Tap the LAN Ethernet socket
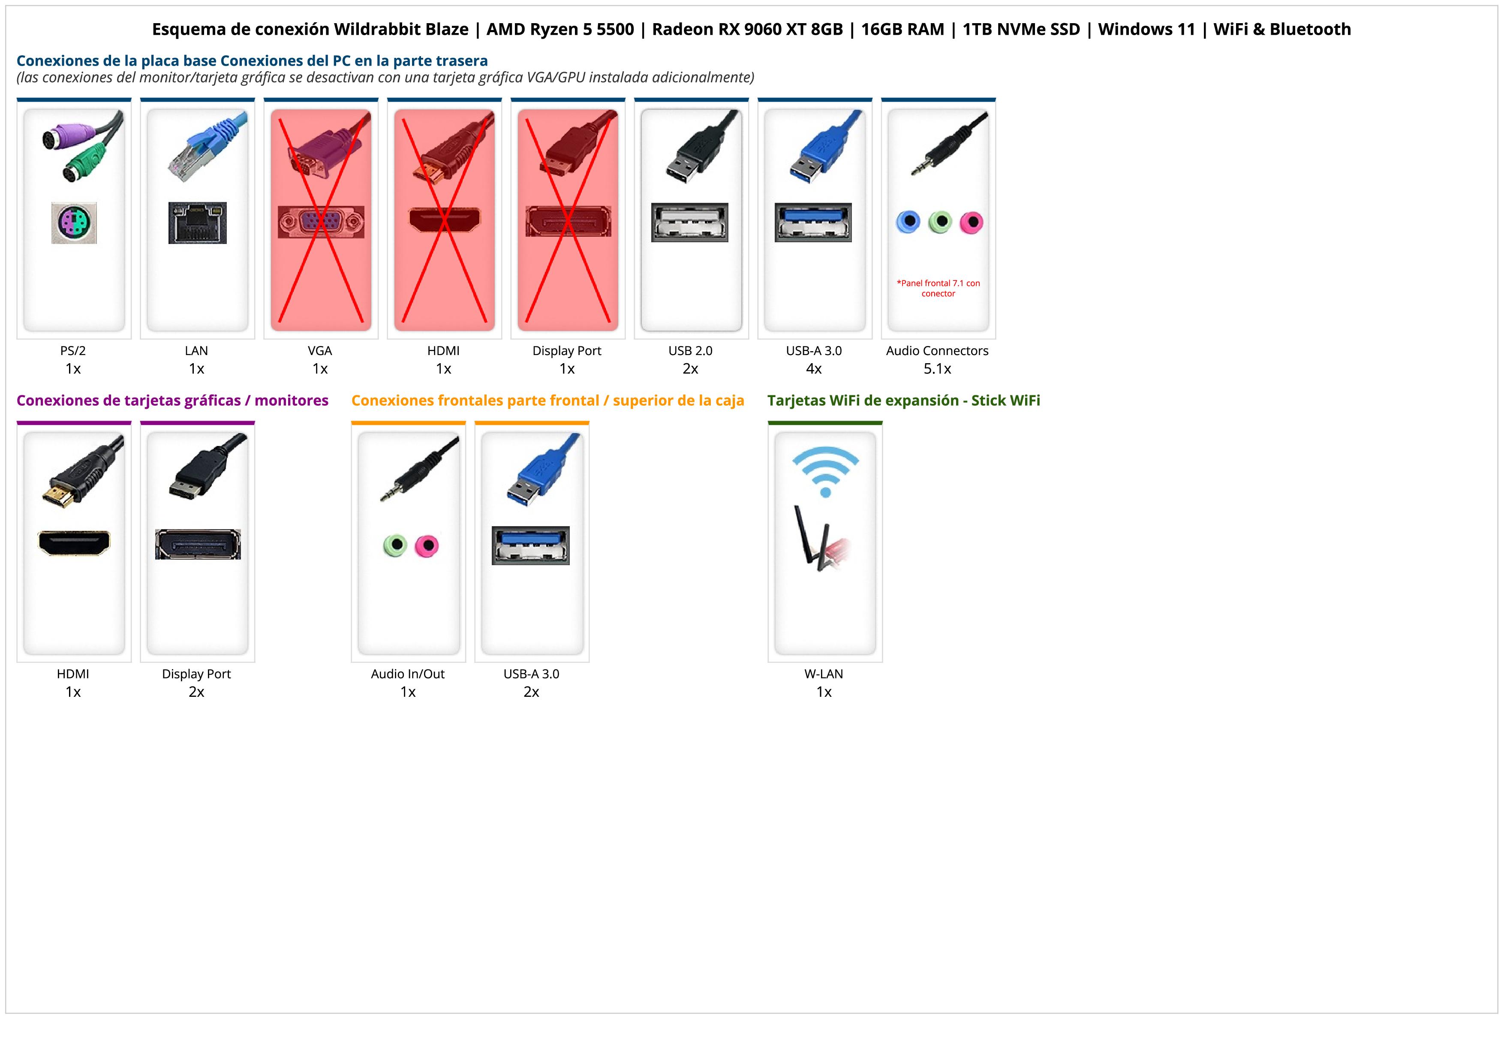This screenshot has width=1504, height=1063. coord(197,223)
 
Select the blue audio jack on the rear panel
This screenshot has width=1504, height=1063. coord(908,222)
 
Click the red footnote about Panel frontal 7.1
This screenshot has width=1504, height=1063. coord(938,288)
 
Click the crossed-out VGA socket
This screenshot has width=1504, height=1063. coord(320,222)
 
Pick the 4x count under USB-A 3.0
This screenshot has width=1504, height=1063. coord(814,369)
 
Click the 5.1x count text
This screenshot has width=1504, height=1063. coord(937,369)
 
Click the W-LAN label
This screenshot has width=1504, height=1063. coord(824,674)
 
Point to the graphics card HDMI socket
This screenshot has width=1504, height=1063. coord(74,543)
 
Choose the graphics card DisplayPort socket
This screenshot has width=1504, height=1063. coord(198,544)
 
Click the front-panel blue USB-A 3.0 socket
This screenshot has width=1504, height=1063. coord(531,545)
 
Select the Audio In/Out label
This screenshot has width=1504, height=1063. coord(407,674)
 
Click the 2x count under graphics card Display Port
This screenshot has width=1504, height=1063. coord(196,692)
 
